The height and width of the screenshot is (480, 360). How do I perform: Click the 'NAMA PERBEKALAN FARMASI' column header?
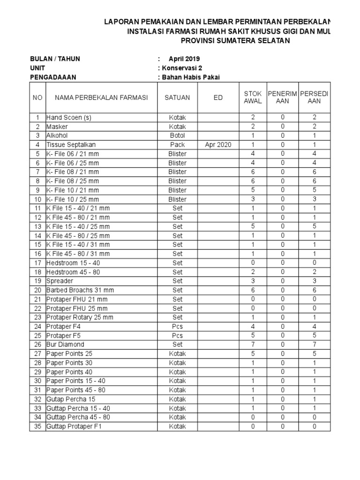pyautogui.click(x=101, y=97)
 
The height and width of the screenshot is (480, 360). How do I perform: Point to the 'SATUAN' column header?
pyautogui.click(x=177, y=97)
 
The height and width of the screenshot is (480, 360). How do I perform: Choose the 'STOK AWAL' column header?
pyautogui.click(x=253, y=97)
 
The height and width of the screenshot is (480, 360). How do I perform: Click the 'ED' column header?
pyautogui.click(x=218, y=97)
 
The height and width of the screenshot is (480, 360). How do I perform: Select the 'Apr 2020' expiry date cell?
pyautogui.click(x=218, y=145)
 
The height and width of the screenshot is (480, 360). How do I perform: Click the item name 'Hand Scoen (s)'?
pyautogui.click(x=68, y=118)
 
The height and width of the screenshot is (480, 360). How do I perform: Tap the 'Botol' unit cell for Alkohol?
pyautogui.click(x=177, y=135)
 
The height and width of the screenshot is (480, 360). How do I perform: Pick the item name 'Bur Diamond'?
pyautogui.click(x=65, y=345)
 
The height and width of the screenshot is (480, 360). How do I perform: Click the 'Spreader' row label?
pyautogui.click(x=60, y=281)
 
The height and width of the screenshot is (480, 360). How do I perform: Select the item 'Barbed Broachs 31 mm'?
pyautogui.click(x=80, y=290)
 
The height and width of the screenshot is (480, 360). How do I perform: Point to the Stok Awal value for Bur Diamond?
pyautogui.click(x=253, y=345)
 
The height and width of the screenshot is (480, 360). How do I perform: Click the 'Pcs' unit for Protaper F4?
pyautogui.click(x=177, y=326)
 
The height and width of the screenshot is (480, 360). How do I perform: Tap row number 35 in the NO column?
pyautogui.click(x=37, y=426)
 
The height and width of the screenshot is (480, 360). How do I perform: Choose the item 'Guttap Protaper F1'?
pyautogui.click(x=74, y=426)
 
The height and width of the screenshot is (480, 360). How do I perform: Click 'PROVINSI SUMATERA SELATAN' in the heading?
pyautogui.click(x=235, y=41)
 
